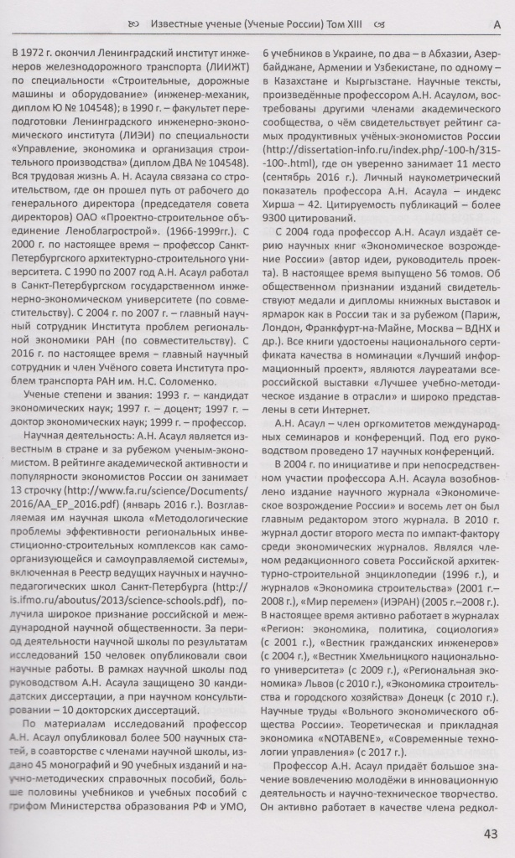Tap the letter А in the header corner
pyautogui.click(x=496, y=25)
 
